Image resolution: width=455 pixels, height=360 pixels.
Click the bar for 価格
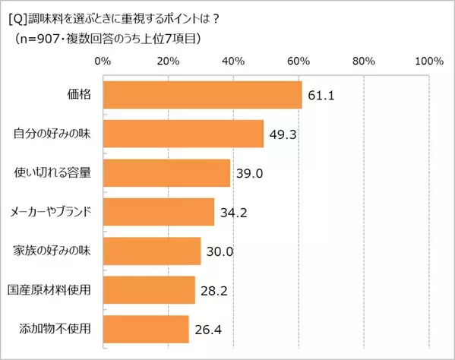click(201, 95)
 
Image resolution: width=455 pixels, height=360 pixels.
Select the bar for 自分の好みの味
click(182, 134)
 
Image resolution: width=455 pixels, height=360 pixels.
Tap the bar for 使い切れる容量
click(166, 173)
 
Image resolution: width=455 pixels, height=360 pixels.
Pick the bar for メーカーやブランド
click(158, 212)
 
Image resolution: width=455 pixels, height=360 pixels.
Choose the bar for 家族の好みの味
click(151, 251)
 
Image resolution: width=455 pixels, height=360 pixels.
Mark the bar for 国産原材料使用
click(148, 290)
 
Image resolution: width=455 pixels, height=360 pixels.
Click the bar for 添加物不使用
click(145, 329)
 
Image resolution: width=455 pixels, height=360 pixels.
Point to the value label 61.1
click(322, 96)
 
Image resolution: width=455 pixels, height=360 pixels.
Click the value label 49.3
click(284, 134)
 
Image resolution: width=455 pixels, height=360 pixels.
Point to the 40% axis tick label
click(232, 61)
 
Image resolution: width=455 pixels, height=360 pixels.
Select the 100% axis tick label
click(428, 61)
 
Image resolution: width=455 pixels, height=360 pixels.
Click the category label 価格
click(80, 96)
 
